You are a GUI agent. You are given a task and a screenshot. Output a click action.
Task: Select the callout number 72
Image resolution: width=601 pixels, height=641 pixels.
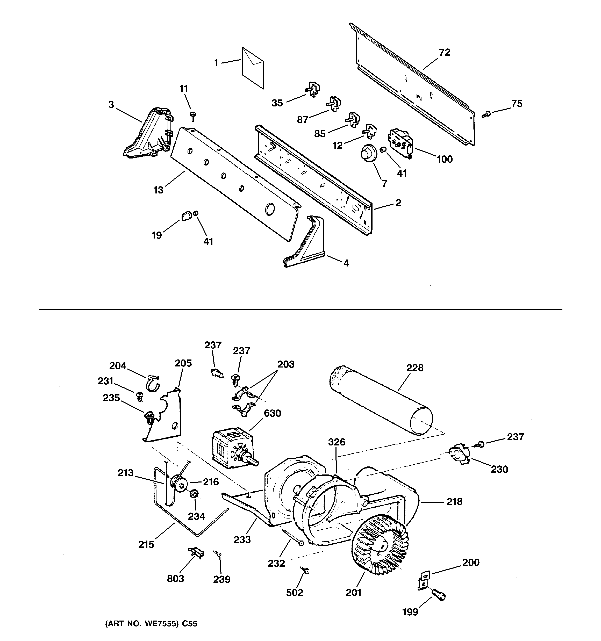point(444,52)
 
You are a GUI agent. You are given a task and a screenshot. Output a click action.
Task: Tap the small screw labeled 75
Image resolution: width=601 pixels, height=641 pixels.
point(486,113)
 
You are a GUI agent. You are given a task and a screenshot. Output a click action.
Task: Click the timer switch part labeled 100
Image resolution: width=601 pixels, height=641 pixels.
point(400,143)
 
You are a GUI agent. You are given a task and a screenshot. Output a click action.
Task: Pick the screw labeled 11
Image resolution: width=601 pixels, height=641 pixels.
point(193,116)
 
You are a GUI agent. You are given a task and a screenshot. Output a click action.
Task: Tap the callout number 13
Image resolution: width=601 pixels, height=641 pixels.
point(158,190)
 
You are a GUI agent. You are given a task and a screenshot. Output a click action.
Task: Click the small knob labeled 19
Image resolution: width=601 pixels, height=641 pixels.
point(186,216)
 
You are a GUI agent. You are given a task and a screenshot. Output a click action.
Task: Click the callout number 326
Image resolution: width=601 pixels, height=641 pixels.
point(337,442)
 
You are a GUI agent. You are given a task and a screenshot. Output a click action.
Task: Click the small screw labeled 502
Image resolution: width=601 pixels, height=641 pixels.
point(305,571)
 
